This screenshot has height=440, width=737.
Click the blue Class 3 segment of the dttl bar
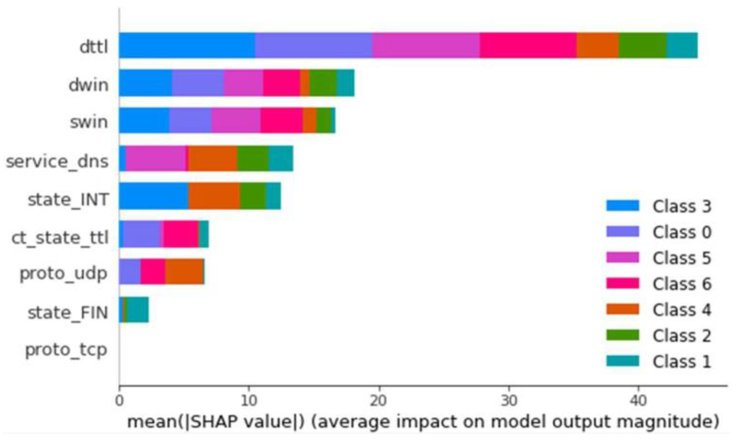pos(187,45)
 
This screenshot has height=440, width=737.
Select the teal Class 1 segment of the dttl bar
pos(682,45)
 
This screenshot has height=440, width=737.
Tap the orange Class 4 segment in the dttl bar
pos(597,45)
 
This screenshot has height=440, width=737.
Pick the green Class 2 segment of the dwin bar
pos(323,83)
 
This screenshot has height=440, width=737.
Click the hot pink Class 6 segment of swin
pos(281,120)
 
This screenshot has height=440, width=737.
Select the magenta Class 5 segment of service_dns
pos(156,158)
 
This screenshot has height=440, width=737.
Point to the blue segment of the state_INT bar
pos(153,196)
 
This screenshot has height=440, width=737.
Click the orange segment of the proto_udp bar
pos(184,271)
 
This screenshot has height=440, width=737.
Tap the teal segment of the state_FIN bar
pos(138,310)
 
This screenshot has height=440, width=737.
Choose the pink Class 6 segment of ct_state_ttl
pos(181,234)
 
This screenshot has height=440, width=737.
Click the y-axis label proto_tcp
pos(66,350)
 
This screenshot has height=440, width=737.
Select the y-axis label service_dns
pos(57,161)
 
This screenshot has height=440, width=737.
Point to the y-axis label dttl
pos(94,47)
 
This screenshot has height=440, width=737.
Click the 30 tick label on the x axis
pos(509,400)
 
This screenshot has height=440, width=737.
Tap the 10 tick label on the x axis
pos(249,400)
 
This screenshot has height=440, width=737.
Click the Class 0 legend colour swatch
pos(623,231)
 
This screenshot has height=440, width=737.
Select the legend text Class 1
pos(682,362)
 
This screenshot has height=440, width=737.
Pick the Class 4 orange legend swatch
pos(623,309)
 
